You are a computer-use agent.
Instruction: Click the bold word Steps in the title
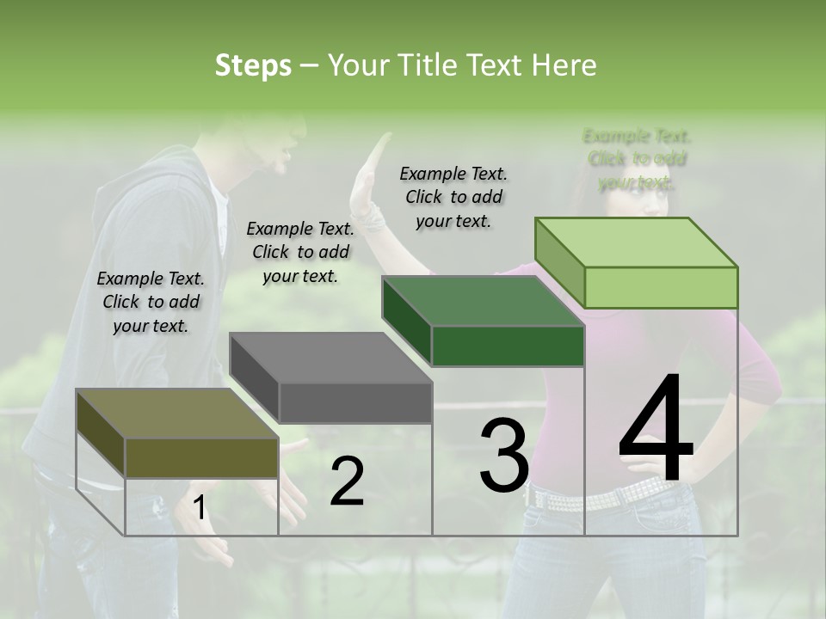253,65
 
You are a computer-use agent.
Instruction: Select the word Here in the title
564,65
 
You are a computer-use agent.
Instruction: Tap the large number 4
656,429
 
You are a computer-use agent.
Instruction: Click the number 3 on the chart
504,455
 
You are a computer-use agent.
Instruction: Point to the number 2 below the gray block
347,481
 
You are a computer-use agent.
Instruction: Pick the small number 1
199,509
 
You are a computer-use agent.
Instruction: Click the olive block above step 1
177,433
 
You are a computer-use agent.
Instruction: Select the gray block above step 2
331,378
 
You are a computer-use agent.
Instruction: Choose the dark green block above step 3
484,322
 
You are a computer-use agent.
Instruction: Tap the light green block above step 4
637,263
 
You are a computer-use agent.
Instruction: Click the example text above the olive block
151,302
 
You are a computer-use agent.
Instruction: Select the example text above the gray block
300,252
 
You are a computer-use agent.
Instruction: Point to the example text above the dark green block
453,197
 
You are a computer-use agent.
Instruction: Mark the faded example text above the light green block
637,159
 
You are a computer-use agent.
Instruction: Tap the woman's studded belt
602,495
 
